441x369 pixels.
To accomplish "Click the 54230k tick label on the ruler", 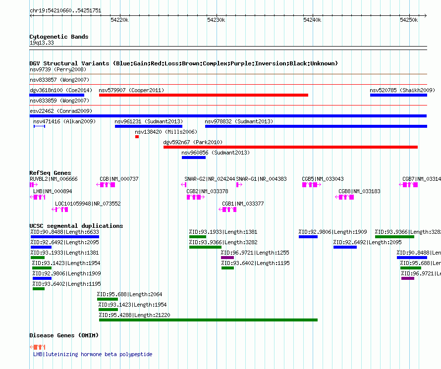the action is point(216,20).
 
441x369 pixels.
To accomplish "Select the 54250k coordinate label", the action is point(409,20).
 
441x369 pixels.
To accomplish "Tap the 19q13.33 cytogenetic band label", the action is point(42,43).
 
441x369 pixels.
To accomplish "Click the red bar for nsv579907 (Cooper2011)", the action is point(204,95).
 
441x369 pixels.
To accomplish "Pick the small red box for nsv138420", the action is point(137,137).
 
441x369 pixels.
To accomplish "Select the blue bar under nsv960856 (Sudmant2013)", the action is point(194,158).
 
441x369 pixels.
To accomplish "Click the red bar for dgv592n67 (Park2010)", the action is point(290,147).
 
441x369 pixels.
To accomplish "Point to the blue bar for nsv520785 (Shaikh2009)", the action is point(398,95).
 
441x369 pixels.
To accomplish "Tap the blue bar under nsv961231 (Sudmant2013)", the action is point(149,126).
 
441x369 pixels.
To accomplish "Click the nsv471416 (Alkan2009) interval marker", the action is point(39,126).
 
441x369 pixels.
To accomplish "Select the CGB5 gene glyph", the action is point(312,185).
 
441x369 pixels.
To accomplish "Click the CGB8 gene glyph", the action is point(344,197).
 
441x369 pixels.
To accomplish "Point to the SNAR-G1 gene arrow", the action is point(239,185).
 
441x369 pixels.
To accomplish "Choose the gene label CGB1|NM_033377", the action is point(243,204).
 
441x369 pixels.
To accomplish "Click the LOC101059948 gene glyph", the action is point(60,210).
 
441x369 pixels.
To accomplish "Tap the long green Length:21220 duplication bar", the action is point(209,320).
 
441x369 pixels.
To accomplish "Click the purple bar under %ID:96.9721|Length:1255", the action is point(227,258).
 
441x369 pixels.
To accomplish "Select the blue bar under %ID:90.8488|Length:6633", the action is point(64,237).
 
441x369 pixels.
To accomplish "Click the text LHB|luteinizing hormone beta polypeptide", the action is point(93,354).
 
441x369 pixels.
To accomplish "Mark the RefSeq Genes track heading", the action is point(50,173).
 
